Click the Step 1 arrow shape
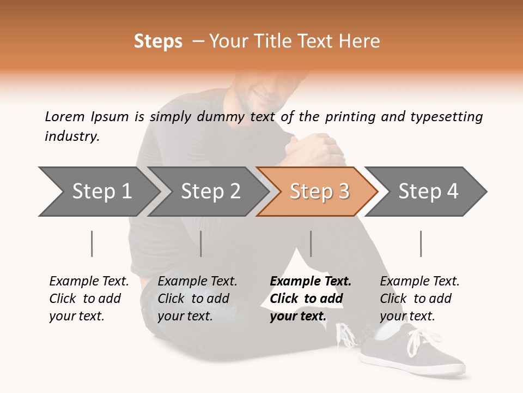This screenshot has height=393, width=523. pyautogui.click(x=98, y=192)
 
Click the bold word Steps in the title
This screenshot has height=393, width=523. pyautogui.click(x=158, y=41)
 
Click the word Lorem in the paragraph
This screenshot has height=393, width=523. pyautogui.click(x=65, y=116)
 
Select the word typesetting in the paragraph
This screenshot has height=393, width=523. pyautogui.click(x=446, y=116)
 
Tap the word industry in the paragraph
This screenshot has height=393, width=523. pyautogui.click(x=72, y=136)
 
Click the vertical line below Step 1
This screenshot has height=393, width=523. pyautogui.click(x=92, y=243)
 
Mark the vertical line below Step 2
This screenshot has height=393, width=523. pyautogui.click(x=201, y=243)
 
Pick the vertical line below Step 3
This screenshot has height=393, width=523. pyautogui.click(x=311, y=243)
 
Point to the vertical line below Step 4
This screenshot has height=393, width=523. pyautogui.click(x=421, y=243)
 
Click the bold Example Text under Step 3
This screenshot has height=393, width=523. pyautogui.click(x=311, y=282)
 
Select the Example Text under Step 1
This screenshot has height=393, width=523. pyautogui.click(x=89, y=282)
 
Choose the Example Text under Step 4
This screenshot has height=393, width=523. pyautogui.click(x=419, y=282)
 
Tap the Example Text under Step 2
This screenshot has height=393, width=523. pyautogui.click(x=197, y=282)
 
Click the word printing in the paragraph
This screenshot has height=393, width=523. pyautogui.click(x=345, y=116)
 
